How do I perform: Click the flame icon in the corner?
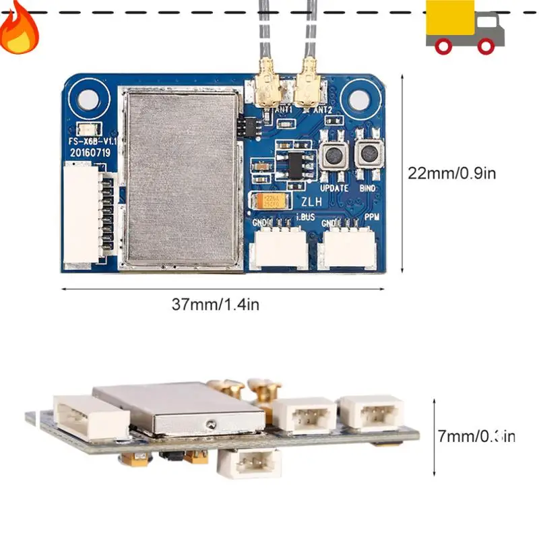click(x=18, y=28)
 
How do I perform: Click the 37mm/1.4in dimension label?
click(x=215, y=304)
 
